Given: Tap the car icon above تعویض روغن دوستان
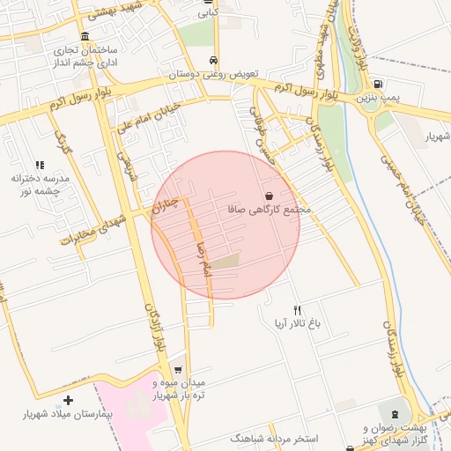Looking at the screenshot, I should pos(215,60).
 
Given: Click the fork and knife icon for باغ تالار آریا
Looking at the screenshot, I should pos(297,310).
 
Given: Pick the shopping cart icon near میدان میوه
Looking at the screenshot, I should pos(180,370).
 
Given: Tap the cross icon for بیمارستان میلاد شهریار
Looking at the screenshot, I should pos(69,401).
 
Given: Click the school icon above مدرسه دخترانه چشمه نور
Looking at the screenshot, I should pos(40,165).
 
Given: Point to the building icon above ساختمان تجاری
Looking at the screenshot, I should pos(85,37).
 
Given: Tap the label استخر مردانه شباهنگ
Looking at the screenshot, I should pos(274,438).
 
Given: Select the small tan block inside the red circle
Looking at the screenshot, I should pos(227,261).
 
